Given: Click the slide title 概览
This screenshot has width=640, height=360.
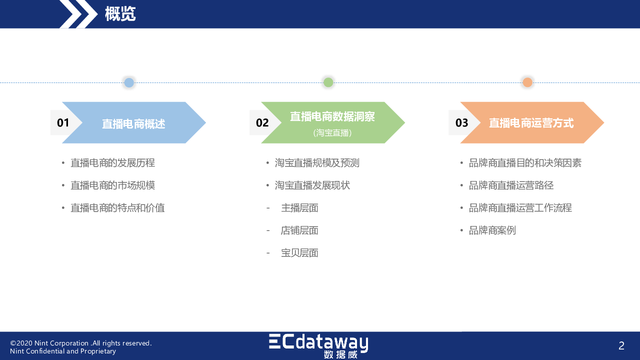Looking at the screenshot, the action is pyautogui.click(x=120, y=13).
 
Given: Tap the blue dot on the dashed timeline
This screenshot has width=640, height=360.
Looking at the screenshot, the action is pyautogui.click(x=129, y=82).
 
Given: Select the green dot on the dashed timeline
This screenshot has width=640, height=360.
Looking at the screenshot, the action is pyautogui.click(x=328, y=82).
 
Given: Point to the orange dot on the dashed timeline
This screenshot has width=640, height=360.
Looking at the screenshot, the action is pyautogui.click(x=527, y=82).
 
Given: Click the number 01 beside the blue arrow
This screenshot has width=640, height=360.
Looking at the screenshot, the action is pyautogui.click(x=63, y=123).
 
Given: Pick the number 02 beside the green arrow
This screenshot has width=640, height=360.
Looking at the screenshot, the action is pyautogui.click(x=262, y=123).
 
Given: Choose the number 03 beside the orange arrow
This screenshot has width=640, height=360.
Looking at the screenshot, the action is pyautogui.click(x=461, y=123).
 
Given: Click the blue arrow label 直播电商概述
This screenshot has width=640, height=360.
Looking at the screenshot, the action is pyautogui.click(x=133, y=124).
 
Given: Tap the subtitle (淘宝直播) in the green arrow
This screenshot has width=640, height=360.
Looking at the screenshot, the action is pyautogui.click(x=332, y=133).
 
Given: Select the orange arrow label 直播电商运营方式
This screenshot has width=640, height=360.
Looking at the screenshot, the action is pyautogui.click(x=531, y=123).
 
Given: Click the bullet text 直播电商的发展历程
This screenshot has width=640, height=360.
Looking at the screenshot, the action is pyautogui.click(x=112, y=163).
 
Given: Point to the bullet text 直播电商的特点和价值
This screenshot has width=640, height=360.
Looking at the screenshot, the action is pyautogui.click(x=117, y=207).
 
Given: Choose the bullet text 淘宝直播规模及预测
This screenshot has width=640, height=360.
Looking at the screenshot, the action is pyautogui.click(x=317, y=163).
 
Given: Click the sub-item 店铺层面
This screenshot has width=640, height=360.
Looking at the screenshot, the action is pyautogui.click(x=299, y=230).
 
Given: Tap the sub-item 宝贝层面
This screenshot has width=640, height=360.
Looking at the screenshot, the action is pyautogui.click(x=299, y=253).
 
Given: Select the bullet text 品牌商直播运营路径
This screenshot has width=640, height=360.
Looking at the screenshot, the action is pyautogui.click(x=511, y=185).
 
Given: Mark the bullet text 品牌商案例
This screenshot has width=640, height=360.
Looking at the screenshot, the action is pyautogui.click(x=492, y=230).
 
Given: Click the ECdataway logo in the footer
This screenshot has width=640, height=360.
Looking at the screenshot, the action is pyautogui.click(x=318, y=346).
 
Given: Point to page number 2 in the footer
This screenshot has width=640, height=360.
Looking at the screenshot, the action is pyautogui.click(x=621, y=345).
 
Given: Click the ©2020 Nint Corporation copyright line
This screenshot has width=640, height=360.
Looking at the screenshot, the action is pyautogui.click(x=81, y=343).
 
